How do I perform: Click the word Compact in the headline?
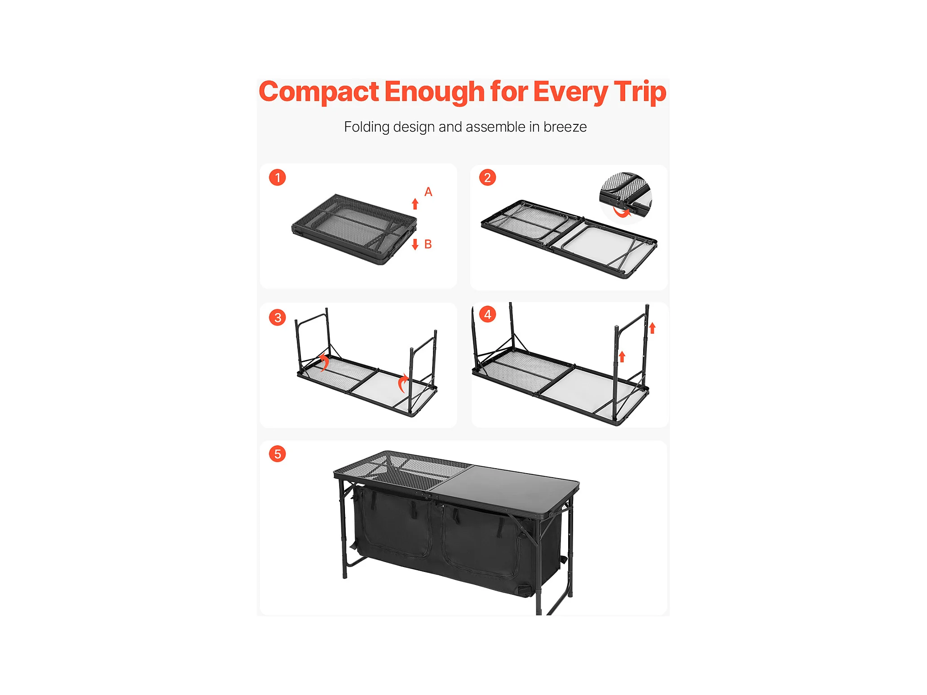tap(319, 92)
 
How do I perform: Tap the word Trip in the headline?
tap(640, 92)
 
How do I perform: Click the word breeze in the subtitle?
tap(565, 127)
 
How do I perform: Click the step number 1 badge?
tap(278, 177)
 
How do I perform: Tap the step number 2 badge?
tap(487, 177)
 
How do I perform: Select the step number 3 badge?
tap(278, 317)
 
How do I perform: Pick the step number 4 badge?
tap(488, 314)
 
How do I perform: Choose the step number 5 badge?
tap(278, 454)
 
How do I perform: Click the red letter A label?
tap(428, 192)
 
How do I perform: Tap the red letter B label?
tap(428, 244)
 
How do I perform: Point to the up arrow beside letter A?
tap(415, 204)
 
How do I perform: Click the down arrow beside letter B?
tap(415, 244)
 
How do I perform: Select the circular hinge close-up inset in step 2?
tap(625, 196)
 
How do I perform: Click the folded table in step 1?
tap(354, 229)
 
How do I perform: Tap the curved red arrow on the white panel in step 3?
tap(403, 383)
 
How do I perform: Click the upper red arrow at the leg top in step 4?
tap(653, 328)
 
